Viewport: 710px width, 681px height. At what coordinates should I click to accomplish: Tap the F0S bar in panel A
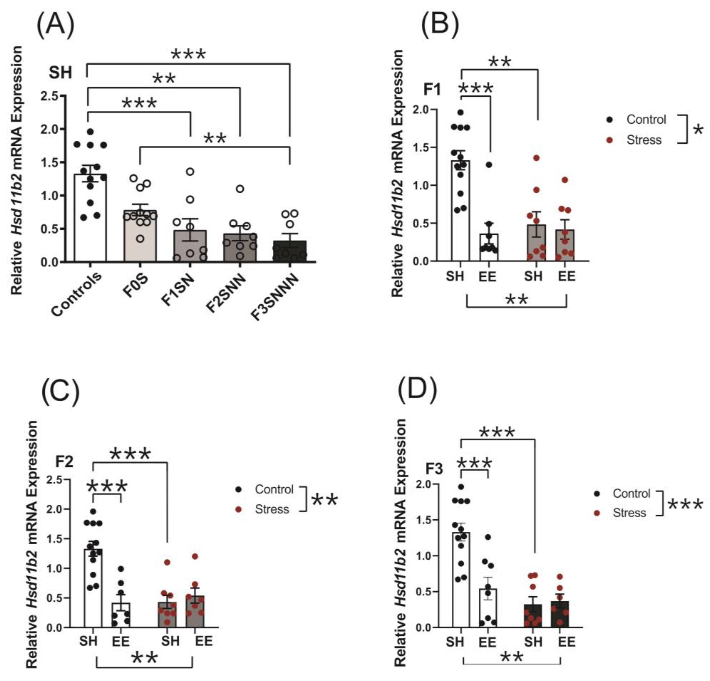(140, 235)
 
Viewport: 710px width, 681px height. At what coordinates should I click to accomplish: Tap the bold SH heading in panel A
(61, 73)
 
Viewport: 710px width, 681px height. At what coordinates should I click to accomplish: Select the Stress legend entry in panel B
(644, 140)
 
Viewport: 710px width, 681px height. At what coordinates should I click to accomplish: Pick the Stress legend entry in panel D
(629, 513)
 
